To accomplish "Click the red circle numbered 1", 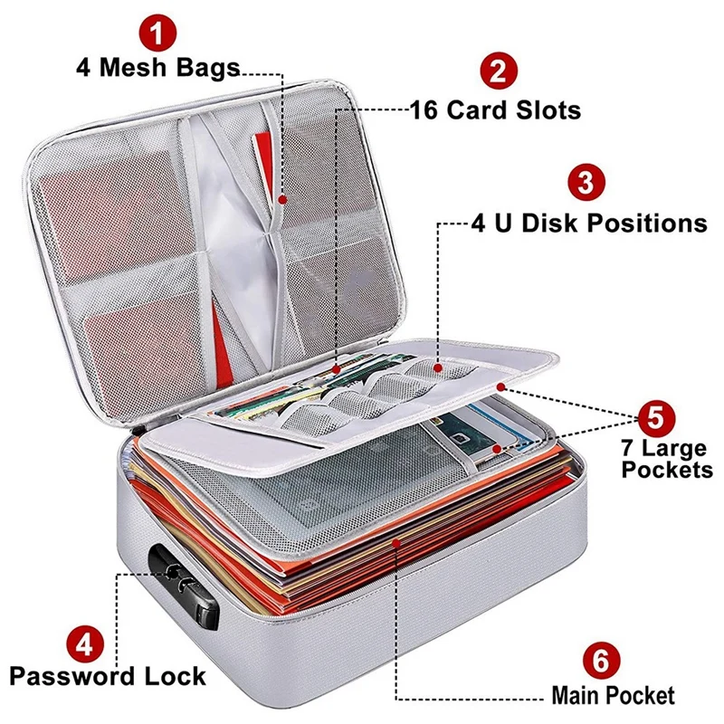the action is [x=159, y=34].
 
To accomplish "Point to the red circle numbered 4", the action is [x=84, y=645].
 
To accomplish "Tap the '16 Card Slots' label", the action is [x=494, y=110].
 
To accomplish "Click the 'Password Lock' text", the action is [x=109, y=676].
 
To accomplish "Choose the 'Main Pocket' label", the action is [x=613, y=695].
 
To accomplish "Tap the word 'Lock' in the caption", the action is [x=175, y=676].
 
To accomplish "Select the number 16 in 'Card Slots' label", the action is [x=427, y=110].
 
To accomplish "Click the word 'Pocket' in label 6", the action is [x=642, y=695].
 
